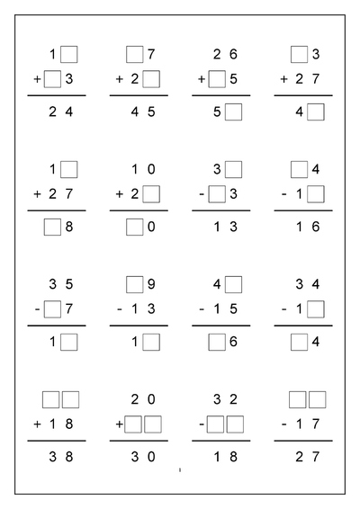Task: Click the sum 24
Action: [59, 112]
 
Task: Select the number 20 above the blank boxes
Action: [142, 399]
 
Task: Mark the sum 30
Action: [142, 457]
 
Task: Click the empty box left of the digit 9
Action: [134, 285]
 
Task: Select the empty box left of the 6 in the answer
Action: [217, 342]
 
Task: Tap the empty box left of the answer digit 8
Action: [51, 228]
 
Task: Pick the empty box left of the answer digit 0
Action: [134, 228]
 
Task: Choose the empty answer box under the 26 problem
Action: [234, 112]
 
